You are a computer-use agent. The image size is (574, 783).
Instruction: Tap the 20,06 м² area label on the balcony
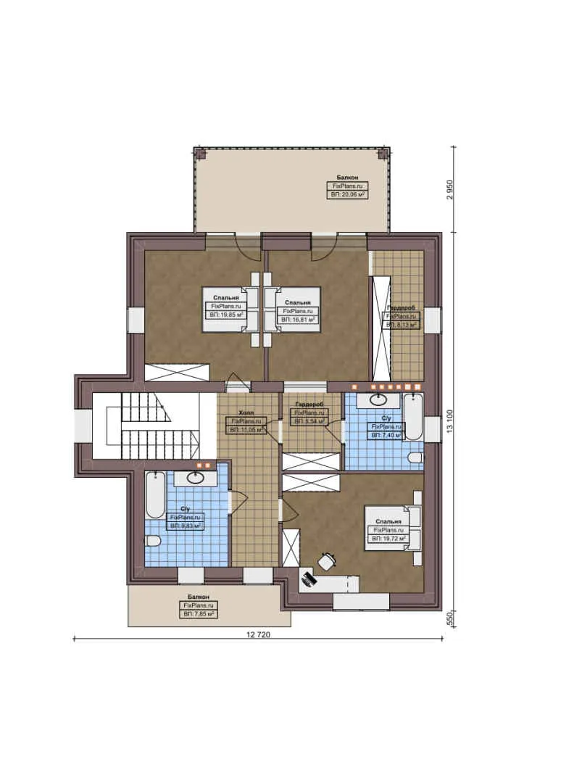(346, 195)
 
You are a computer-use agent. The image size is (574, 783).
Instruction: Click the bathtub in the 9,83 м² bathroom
(156, 494)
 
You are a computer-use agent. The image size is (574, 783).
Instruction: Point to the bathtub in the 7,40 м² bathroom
(413, 417)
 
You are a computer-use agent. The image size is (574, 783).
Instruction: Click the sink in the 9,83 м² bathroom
(194, 477)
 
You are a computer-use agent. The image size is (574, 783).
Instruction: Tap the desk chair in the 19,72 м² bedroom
(328, 560)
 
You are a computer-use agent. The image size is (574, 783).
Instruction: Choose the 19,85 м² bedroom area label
(226, 316)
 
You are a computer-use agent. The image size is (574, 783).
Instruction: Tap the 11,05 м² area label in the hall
(246, 430)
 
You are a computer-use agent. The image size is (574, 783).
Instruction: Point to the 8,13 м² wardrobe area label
(401, 326)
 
